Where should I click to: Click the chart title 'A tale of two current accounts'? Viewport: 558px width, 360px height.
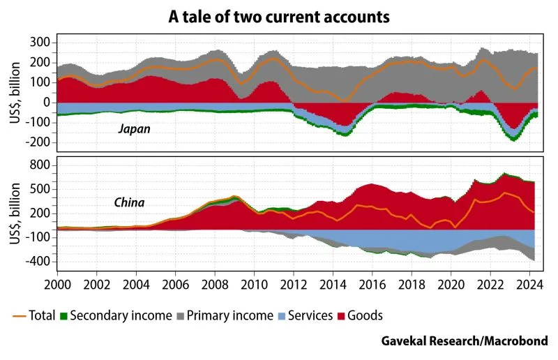(x=279, y=16)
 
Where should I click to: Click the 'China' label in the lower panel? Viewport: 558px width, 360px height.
(x=129, y=203)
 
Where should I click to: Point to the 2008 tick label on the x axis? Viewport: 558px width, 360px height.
(x=214, y=285)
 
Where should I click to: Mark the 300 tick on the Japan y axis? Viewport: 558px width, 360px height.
(x=40, y=43)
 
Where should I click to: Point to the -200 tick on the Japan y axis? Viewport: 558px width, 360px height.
(x=37, y=142)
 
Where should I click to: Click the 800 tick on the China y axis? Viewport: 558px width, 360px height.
(x=40, y=165)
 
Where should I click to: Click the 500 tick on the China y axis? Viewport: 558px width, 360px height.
(x=40, y=189)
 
